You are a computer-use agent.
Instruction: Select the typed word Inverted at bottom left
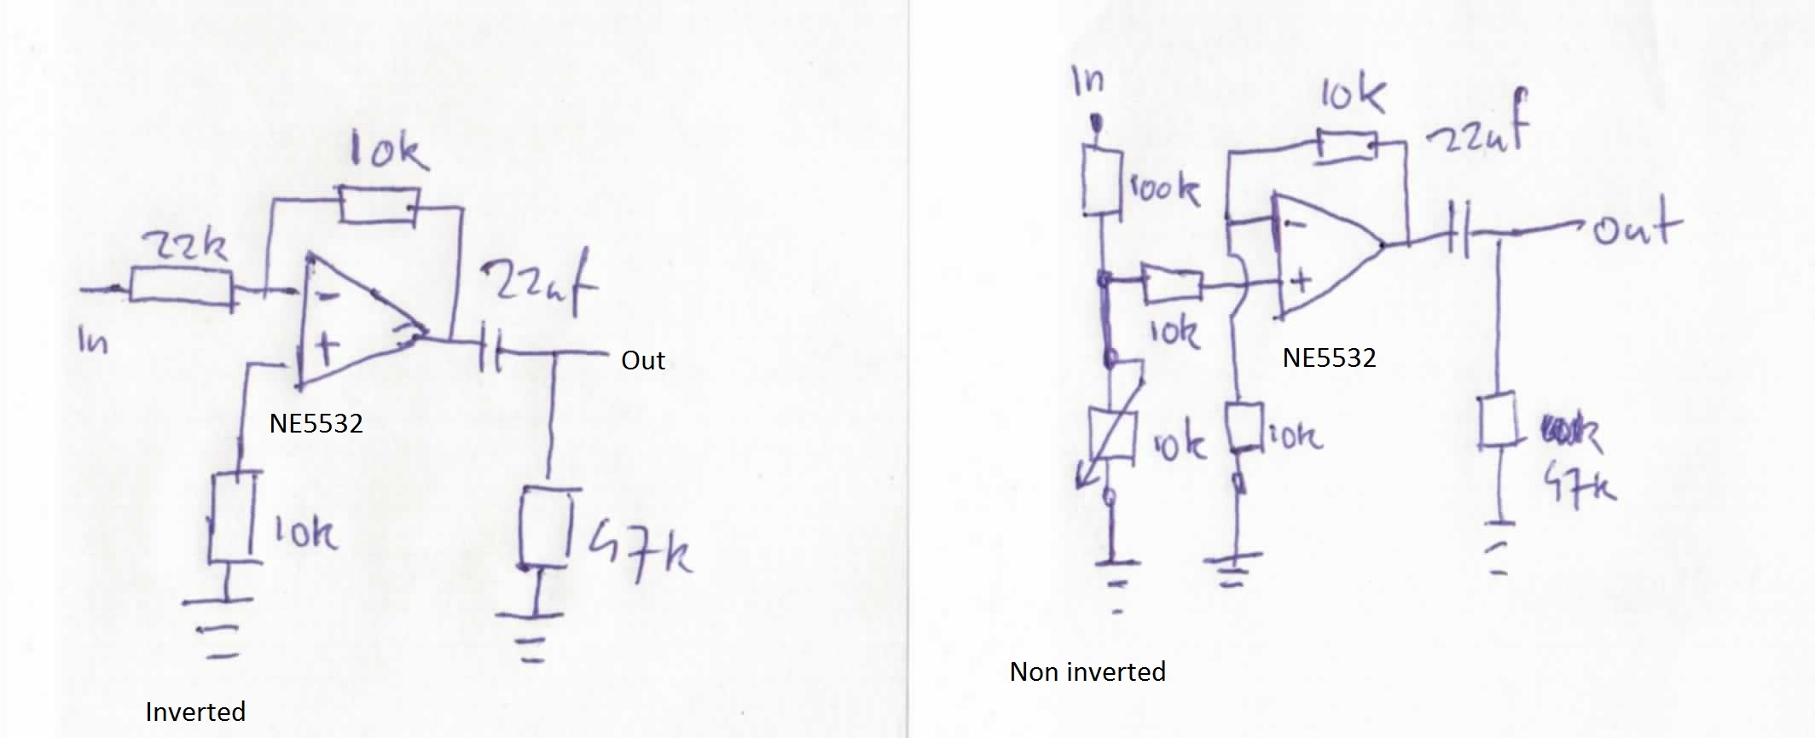pyautogui.click(x=195, y=712)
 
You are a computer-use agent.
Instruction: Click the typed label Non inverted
pyautogui.click(x=1087, y=672)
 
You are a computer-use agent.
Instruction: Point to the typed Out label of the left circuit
pyautogui.click(x=643, y=361)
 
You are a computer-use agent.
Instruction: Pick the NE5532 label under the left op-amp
pyautogui.click(x=316, y=423)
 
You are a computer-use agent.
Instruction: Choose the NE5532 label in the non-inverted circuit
pyautogui.click(x=1329, y=357)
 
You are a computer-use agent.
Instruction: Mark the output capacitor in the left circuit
pyautogui.click(x=490, y=345)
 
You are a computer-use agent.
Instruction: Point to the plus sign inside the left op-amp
pyautogui.click(x=327, y=347)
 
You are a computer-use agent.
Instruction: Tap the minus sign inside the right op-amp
pyautogui.click(x=1296, y=226)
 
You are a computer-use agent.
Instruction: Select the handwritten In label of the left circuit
pyautogui.click(x=93, y=341)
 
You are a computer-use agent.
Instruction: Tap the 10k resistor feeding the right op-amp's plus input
pyautogui.click(x=1172, y=285)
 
